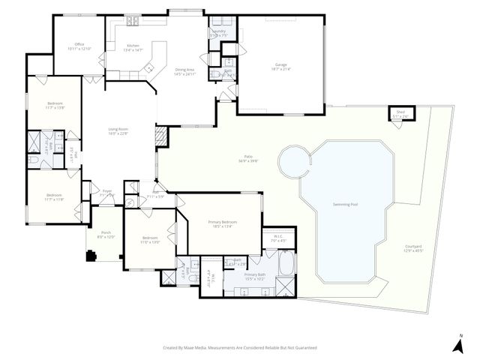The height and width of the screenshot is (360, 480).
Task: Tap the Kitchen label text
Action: pos(133,46)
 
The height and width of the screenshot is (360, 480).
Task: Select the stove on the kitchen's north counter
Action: pos(132,19)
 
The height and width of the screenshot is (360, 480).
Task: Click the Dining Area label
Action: pos(184,71)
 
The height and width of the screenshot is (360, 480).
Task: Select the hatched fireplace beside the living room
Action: pos(159,136)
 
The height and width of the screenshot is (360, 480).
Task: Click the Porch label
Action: pos(105,234)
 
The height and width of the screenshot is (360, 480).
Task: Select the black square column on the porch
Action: pos(91,256)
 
